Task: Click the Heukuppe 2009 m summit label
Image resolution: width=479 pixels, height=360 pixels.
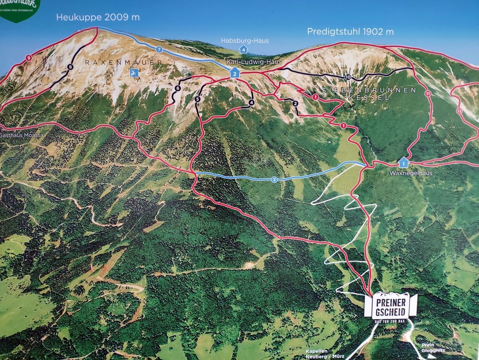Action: click(x=98, y=17)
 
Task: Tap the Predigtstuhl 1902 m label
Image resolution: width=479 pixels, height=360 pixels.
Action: click(x=350, y=32)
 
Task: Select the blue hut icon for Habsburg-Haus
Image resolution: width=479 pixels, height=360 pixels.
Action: click(x=243, y=49)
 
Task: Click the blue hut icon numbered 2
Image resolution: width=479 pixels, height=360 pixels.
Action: click(x=235, y=74)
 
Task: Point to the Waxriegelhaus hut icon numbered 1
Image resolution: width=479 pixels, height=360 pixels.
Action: click(x=403, y=163)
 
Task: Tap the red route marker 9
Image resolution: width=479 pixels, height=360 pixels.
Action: click(x=28, y=58)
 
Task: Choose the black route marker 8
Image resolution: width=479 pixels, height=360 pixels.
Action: click(x=70, y=67)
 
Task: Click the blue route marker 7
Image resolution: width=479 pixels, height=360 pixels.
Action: click(x=159, y=50)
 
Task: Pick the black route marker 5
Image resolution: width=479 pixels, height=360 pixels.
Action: click(x=197, y=99)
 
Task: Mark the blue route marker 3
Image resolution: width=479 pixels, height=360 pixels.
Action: click(x=274, y=180)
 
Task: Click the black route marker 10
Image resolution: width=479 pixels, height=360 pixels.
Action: click(x=348, y=77)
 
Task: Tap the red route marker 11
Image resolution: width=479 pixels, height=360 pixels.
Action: click(x=428, y=94)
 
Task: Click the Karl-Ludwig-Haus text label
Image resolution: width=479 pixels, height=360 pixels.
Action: click(x=254, y=62)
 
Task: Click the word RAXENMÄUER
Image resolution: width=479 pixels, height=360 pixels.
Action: click(x=124, y=62)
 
